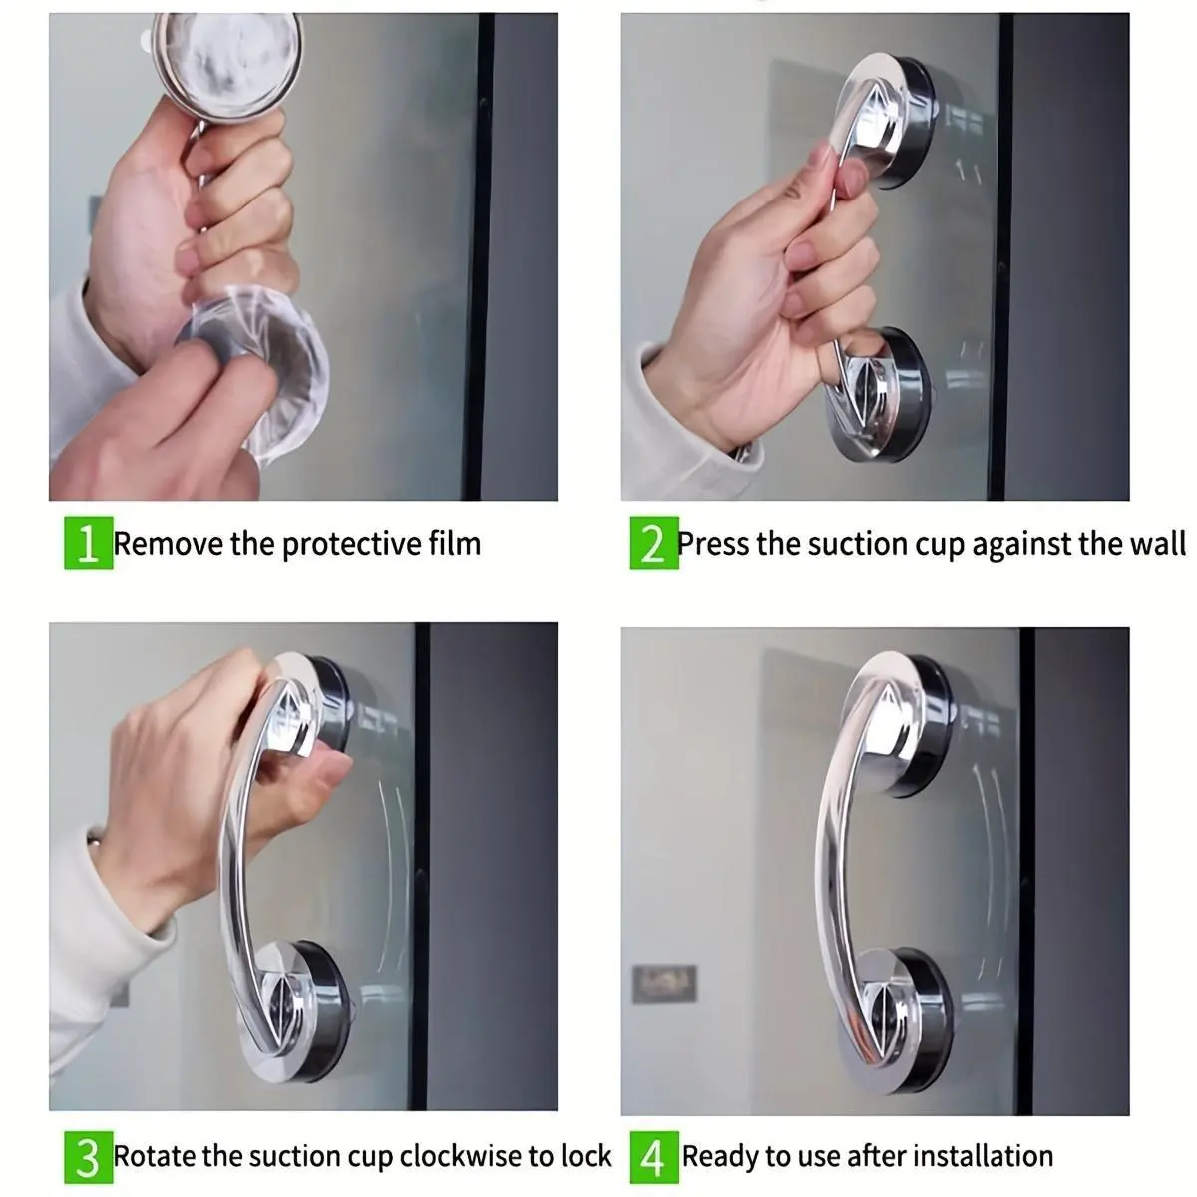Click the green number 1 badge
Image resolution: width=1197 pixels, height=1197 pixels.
[88, 543]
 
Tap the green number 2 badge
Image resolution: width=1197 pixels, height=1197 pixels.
[654, 543]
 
